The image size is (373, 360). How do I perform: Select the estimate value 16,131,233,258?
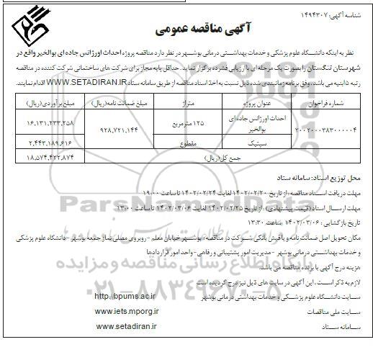[50, 122]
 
